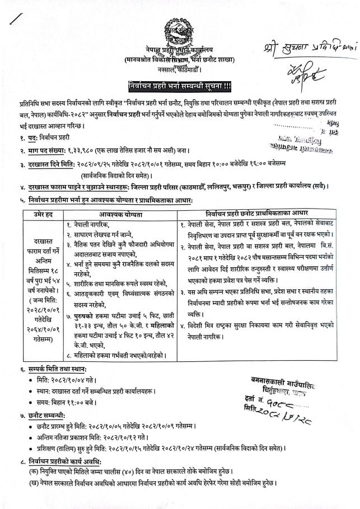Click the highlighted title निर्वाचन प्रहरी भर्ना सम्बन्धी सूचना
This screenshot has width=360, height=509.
pos(179,86)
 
